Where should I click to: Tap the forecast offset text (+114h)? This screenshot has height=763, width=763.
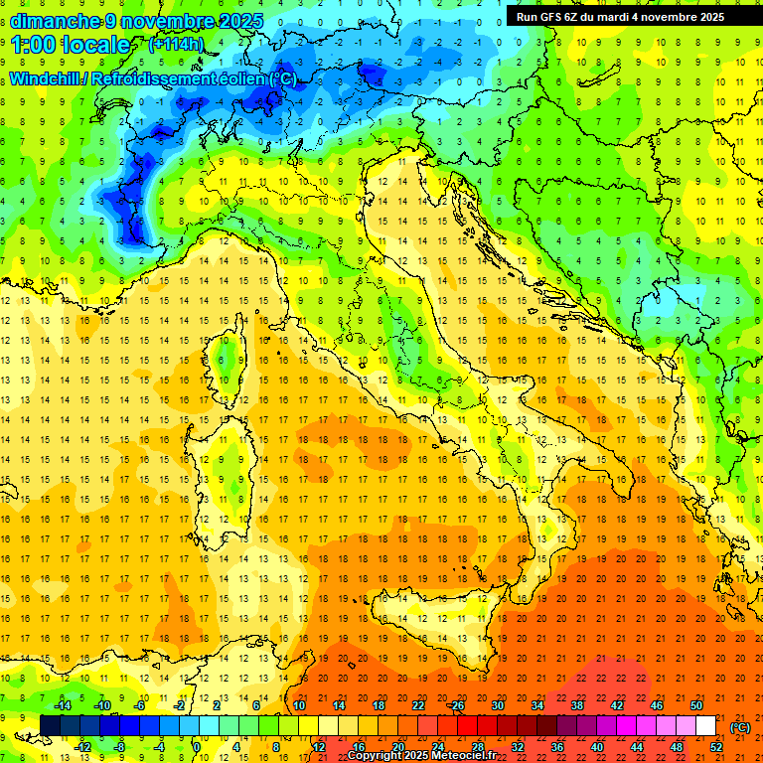tap(176, 44)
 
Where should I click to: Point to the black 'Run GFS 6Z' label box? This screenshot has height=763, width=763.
tap(621, 17)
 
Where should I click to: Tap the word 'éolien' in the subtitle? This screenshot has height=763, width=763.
tap(243, 78)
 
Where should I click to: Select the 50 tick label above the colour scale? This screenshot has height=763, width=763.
tap(695, 705)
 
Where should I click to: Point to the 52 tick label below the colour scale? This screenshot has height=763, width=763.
tap(716, 747)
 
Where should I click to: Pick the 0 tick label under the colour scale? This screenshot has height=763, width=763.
tap(196, 747)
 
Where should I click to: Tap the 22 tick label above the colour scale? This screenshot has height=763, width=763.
tap(418, 705)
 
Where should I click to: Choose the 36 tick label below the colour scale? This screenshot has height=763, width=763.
tap(556, 747)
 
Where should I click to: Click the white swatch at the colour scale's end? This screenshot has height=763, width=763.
tap(705, 726)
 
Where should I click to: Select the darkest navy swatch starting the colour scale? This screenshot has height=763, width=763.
tap(50, 726)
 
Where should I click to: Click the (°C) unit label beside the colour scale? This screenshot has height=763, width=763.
tap(740, 726)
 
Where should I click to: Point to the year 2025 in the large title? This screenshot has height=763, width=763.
tap(241, 21)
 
